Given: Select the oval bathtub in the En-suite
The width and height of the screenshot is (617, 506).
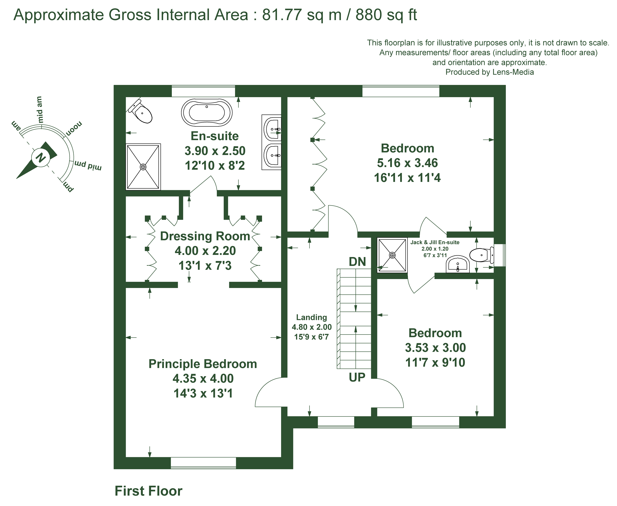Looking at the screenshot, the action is tap(207, 112).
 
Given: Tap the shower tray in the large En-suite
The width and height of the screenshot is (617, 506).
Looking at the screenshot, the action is tap(143, 167).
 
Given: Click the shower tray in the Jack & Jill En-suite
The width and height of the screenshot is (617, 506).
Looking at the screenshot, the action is tap(392, 255).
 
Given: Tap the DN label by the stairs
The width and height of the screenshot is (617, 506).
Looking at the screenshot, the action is tap(357, 262).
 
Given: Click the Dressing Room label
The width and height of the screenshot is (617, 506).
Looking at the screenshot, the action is tap(205, 236).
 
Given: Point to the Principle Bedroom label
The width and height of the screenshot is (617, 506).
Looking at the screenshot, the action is tap(203, 364).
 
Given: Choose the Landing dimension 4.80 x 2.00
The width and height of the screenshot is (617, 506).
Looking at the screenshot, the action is tap(312, 327).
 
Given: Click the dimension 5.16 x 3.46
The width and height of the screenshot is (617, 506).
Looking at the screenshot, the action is tap(407, 163).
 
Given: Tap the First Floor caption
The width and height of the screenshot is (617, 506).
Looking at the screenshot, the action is tap(149, 491).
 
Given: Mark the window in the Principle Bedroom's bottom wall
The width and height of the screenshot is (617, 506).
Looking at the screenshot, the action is tap(203, 463).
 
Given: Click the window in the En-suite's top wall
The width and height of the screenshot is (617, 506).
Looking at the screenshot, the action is tap(203, 91).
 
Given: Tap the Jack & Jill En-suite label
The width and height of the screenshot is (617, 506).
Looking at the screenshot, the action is tap(435, 242).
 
